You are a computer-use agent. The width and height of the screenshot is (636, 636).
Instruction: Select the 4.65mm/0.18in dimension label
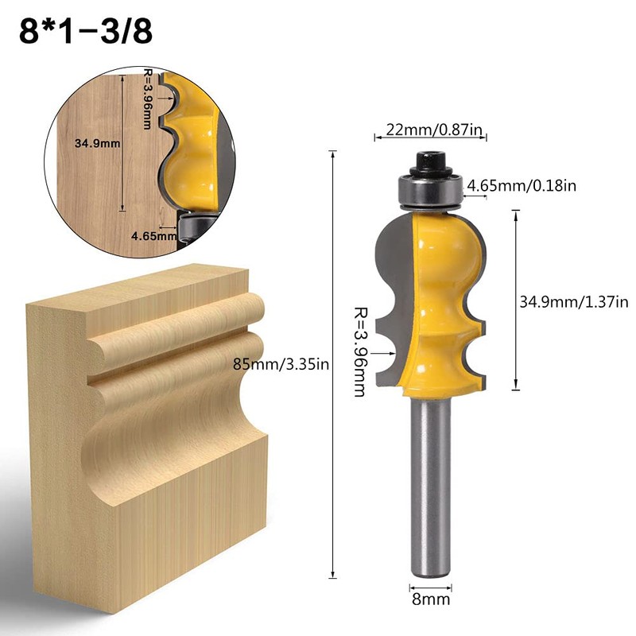(522, 185)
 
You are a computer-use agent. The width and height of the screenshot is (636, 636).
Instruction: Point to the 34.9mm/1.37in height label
(573, 301)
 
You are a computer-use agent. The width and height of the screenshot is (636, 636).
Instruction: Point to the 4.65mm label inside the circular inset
(153, 235)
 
